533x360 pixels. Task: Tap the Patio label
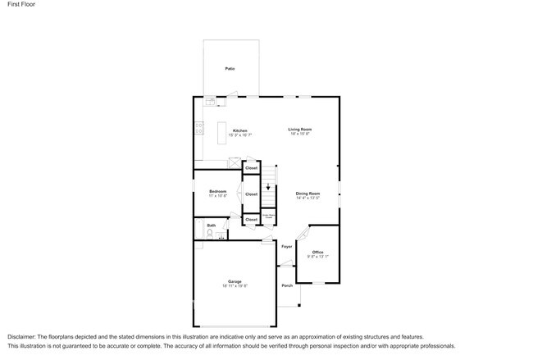(x=230, y=68)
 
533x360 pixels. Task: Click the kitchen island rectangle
(x=221, y=132)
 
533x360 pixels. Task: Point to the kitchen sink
(x=210, y=102)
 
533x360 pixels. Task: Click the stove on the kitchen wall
(x=198, y=128)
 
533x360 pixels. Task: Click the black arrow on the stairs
(x=267, y=187)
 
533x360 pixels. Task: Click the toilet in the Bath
(x=210, y=234)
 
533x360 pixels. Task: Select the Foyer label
(x=287, y=246)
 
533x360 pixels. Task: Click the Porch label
(x=287, y=285)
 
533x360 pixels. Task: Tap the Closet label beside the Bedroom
(x=251, y=194)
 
